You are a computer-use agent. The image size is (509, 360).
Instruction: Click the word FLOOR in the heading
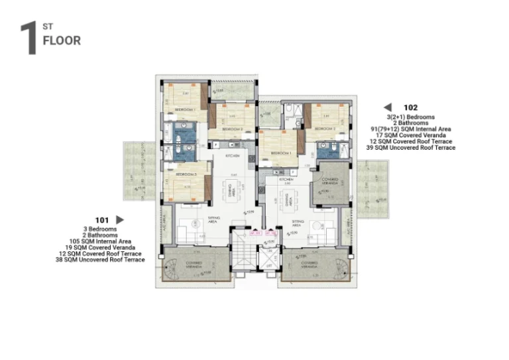click(62, 40)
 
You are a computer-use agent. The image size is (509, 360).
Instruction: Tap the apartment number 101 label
click(101, 219)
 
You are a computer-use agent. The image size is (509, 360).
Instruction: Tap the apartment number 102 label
click(410, 107)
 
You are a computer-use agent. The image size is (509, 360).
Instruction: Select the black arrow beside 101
click(120, 219)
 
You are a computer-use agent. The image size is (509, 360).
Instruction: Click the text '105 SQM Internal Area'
click(100, 241)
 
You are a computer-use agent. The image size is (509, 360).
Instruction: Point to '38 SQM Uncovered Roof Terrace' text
click(100, 260)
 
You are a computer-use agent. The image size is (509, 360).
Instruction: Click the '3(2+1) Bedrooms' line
click(410, 117)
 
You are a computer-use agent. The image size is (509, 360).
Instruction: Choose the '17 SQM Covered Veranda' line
click(410, 135)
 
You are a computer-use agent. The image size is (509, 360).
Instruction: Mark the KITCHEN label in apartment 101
click(231, 156)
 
